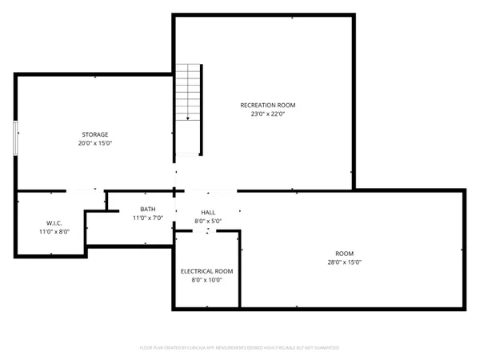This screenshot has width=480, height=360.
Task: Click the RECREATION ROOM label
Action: (x=263, y=105)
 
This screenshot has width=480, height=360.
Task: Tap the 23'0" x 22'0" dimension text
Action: (x=263, y=114)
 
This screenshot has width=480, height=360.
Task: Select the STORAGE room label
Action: (x=94, y=134)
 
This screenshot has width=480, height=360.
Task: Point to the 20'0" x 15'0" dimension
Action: (x=94, y=144)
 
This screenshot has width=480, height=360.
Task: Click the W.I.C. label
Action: (x=54, y=222)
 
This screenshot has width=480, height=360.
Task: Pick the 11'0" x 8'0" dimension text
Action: (x=54, y=230)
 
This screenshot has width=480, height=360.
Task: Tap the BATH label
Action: (x=148, y=210)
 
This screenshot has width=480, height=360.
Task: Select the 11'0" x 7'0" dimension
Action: (x=148, y=218)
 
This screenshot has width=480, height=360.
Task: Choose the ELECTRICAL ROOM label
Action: (x=206, y=271)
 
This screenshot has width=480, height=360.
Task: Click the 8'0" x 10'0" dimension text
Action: (x=206, y=280)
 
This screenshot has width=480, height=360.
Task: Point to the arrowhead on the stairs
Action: (x=188, y=119)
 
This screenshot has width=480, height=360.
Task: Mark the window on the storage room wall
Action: (x=14, y=137)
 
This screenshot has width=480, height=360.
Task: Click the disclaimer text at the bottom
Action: (x=240, y=348)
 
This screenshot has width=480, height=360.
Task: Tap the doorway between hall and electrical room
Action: (x=207, y=231)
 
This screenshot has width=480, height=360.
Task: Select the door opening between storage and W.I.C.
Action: (x=85, y=191)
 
